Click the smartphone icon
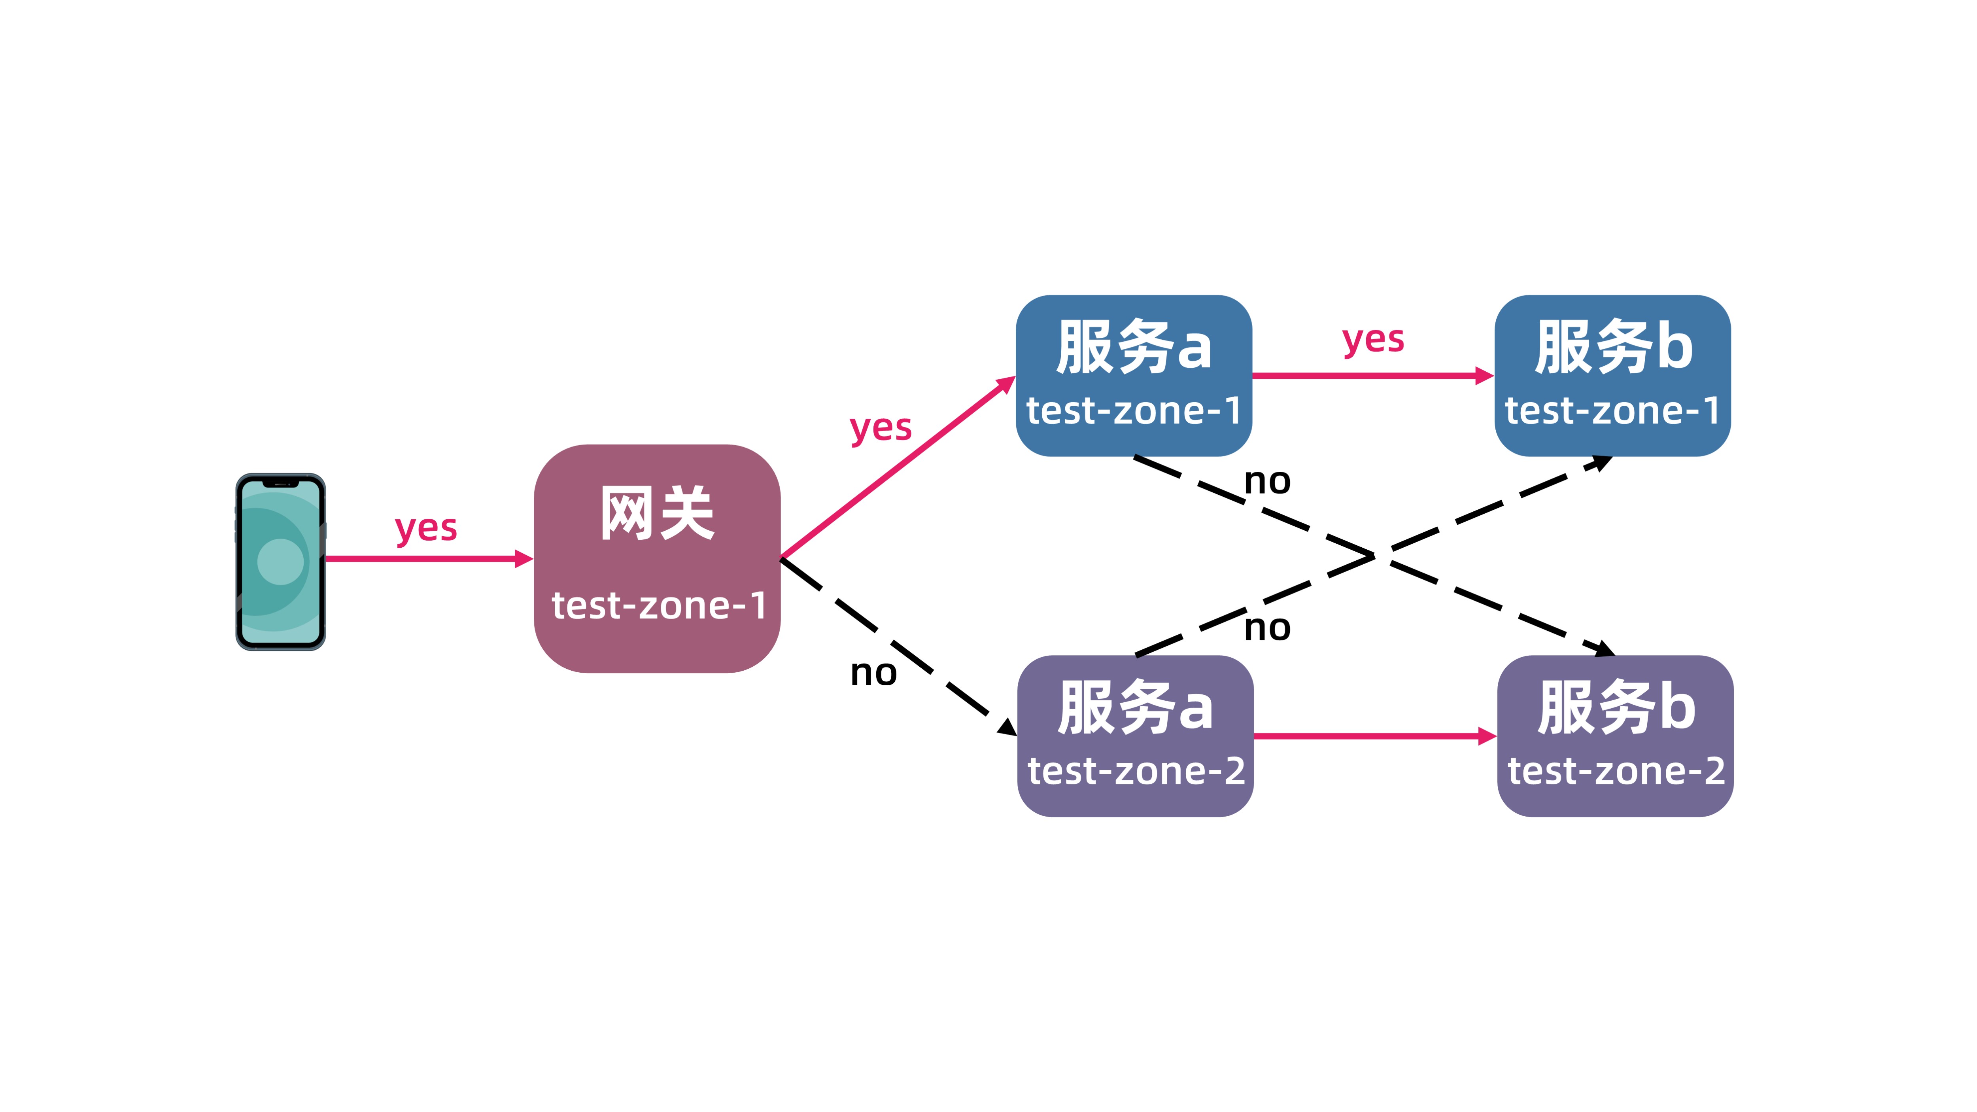coord(280,562)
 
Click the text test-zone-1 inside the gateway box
coord(658,605)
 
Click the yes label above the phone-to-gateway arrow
coord(426,528)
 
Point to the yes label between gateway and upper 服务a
coord(880,427)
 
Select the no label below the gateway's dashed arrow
coord(873,673)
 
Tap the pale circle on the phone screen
coord(280,562)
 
